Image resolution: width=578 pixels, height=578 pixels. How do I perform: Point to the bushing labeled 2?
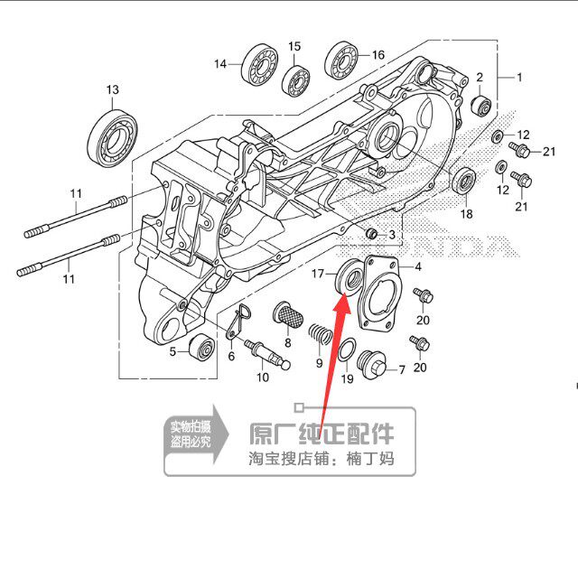(482, 106)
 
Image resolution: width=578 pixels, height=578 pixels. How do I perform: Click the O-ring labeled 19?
(347, 351)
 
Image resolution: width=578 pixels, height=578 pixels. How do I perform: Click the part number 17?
(318, 273)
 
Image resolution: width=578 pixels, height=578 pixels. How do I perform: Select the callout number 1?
(519, 78)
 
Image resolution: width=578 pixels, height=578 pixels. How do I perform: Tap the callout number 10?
(262, 378)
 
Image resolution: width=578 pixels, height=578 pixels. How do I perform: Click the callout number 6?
(231, 357)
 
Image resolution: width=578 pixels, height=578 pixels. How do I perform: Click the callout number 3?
(391, 235)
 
